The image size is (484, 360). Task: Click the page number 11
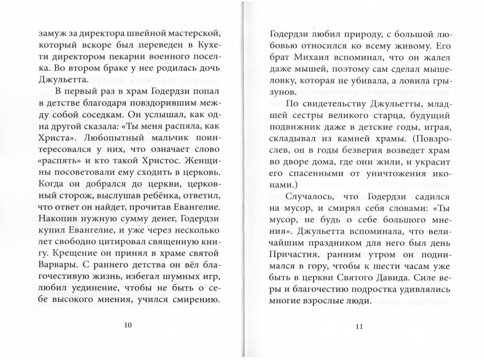(360, 326)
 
